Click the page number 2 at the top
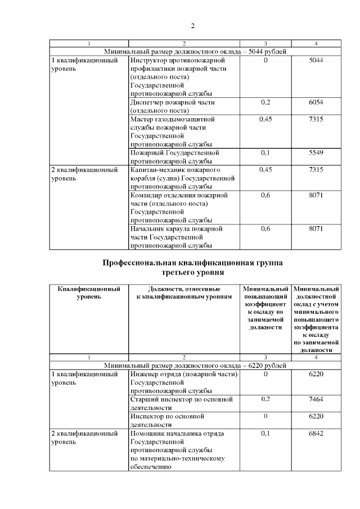(x=192, y=26)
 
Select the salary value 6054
(x=316, y=103)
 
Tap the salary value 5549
(x=316, y=153)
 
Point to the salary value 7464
(x=316, y=399)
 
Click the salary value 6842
(x=316, y=434)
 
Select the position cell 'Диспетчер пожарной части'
(x=172, y=107)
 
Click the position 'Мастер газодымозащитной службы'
(x=172, y=132)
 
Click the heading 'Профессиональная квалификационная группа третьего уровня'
(x=192, y=267)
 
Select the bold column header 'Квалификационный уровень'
(x=89, y=293)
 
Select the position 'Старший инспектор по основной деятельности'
(x=181, y=403)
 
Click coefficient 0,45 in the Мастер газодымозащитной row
(x=265, y=119)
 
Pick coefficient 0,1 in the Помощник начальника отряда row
(x=265, y=434)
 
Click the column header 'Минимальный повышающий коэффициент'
(x=265, y=308)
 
